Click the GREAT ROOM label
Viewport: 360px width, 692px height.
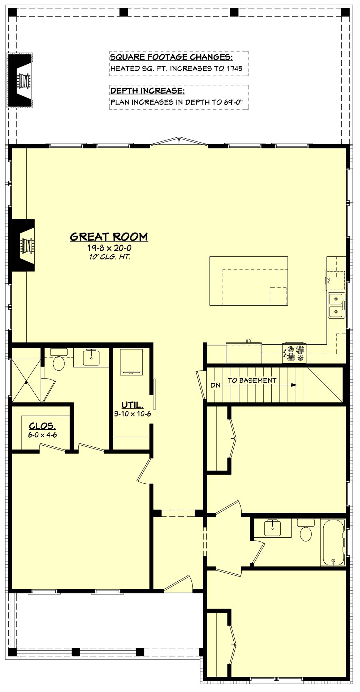(x=109, y=237)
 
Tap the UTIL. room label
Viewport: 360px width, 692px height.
(x=132, y=405)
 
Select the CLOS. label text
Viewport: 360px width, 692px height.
(x=42, y=426)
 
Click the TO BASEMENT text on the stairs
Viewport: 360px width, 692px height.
(x=252, y=380)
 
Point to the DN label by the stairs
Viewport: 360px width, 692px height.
(x=215, y=385)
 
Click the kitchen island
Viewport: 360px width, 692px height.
(x=249, y=281)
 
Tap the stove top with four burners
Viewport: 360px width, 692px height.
(x=295, y=353)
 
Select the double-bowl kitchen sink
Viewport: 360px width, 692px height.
(x=336, y=306)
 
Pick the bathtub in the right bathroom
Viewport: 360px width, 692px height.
(x=333, y=542)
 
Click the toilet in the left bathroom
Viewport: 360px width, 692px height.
(x=59, y=363)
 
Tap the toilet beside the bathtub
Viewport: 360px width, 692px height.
(x=305, y=533)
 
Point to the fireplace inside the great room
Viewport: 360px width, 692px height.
(x=24, y=245)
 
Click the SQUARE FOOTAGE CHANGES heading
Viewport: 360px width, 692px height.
(x=171, y=57)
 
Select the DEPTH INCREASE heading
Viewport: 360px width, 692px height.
(x=147, y=91)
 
